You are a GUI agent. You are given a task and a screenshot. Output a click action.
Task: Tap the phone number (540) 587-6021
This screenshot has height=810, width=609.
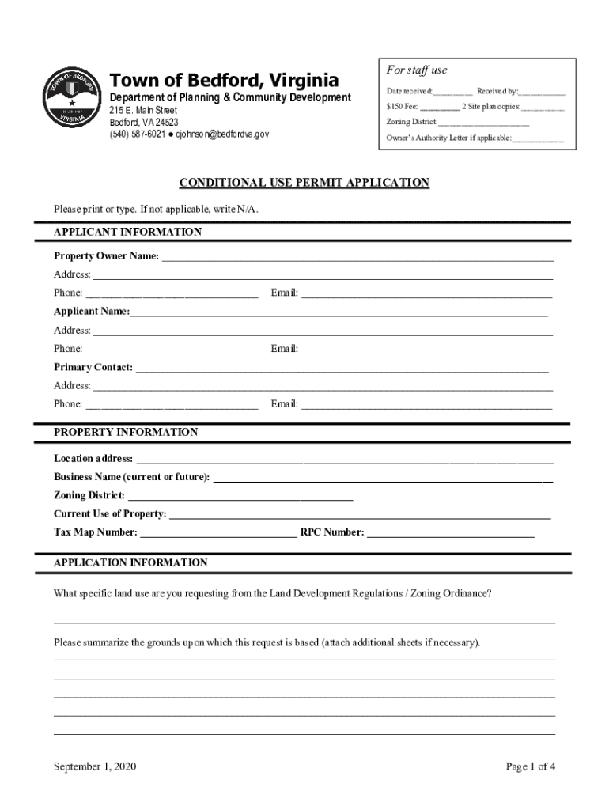[136, 135]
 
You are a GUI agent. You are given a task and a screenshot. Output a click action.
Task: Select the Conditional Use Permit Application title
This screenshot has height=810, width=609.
[304, 183]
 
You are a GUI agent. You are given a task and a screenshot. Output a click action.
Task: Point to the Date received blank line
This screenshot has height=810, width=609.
[452, 93]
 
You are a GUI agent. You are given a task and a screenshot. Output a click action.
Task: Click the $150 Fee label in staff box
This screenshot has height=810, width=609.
[402, 107]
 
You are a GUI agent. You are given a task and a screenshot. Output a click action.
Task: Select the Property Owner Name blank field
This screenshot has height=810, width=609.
[357, 257]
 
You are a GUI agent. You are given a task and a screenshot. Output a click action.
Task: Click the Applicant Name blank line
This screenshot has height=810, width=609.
[339, 312]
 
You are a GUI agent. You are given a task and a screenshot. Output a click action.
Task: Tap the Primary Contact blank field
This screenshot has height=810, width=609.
[342, 368]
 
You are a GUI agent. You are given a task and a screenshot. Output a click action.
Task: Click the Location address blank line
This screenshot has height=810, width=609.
[345, 460]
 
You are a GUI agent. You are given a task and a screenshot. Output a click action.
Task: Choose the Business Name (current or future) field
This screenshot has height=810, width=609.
[383, 478]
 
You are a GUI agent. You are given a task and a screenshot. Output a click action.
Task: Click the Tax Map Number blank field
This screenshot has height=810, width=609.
[218, 533]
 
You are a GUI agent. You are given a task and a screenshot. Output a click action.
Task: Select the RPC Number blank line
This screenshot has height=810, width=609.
[451, 533]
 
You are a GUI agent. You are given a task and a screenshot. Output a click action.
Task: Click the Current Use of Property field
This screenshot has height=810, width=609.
[360, 515]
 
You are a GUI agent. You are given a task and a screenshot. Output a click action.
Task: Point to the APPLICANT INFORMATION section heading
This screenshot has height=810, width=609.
[127, 232]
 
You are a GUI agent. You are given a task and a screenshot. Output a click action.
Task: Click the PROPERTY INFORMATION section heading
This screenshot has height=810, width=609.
[126, 433]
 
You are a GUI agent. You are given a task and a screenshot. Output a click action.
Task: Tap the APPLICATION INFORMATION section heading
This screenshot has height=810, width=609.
[130, 563]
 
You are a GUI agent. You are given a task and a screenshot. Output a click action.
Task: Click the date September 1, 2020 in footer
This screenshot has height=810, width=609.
[96, 766]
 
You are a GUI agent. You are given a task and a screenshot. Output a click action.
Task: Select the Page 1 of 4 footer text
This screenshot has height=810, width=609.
[531, 766]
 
